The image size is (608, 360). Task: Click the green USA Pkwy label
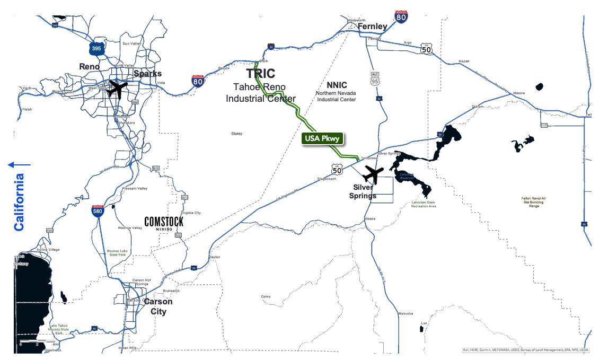(322, 139)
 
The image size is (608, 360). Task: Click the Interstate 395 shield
(96, 49)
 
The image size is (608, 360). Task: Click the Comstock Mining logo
(164, 223)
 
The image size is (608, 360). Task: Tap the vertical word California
(19, 202)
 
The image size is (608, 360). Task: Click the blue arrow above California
(19, 165)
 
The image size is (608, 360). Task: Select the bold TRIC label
(261, 74)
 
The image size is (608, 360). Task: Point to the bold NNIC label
(337, 85)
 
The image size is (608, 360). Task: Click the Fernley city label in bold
(372, 26)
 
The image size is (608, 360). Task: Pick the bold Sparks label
(147, 73)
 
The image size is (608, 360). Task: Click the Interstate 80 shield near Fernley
(401, 17)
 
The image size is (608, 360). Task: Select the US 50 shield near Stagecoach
(337, 169)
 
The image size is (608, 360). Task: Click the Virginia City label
(191, 213)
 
